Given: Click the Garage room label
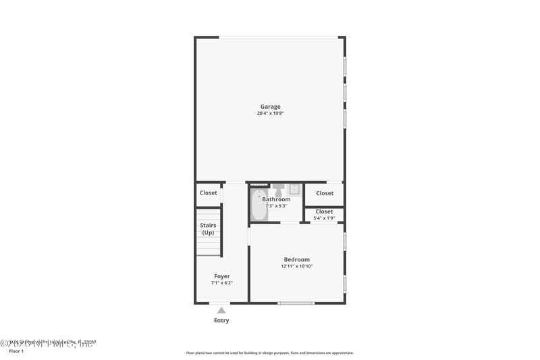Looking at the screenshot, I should [271, 106].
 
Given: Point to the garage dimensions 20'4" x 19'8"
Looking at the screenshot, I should [271, 113].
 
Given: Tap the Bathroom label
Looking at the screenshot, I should [277, 199].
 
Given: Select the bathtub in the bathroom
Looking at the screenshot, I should [259, 205].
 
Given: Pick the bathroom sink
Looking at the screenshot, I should [294, 188].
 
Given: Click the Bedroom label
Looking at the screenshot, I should [297, 259].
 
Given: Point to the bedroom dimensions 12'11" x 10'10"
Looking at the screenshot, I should [297, 266].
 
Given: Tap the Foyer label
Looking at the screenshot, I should [222, 276].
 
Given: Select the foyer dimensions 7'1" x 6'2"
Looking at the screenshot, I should [222, 283].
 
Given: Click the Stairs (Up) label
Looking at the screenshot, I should [208, 229].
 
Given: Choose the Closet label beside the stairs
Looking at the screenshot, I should [209, 193].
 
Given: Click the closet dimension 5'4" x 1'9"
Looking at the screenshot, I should [324, 218].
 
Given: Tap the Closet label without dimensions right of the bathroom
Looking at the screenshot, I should [325, 193].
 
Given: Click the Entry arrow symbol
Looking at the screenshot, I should [221, 310].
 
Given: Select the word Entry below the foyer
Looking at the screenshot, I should [221, 320].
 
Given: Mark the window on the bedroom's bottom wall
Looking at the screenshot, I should [296, 303].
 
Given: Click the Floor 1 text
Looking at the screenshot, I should [16, 351].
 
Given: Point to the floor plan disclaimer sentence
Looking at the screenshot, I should [270, 353].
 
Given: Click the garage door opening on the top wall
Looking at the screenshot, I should [279, 37].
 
